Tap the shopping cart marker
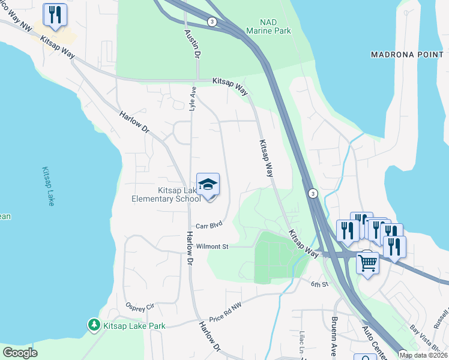[367, 262]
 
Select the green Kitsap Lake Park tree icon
[94, 325]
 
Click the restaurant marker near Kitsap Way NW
[55, 14]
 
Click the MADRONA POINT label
[407, 55]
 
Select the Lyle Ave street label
[193, 99]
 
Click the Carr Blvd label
[209, 226]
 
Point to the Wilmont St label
[212, 247]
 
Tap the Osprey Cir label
[140, 307]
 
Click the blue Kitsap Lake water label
[48, 187]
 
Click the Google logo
[20, 353]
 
